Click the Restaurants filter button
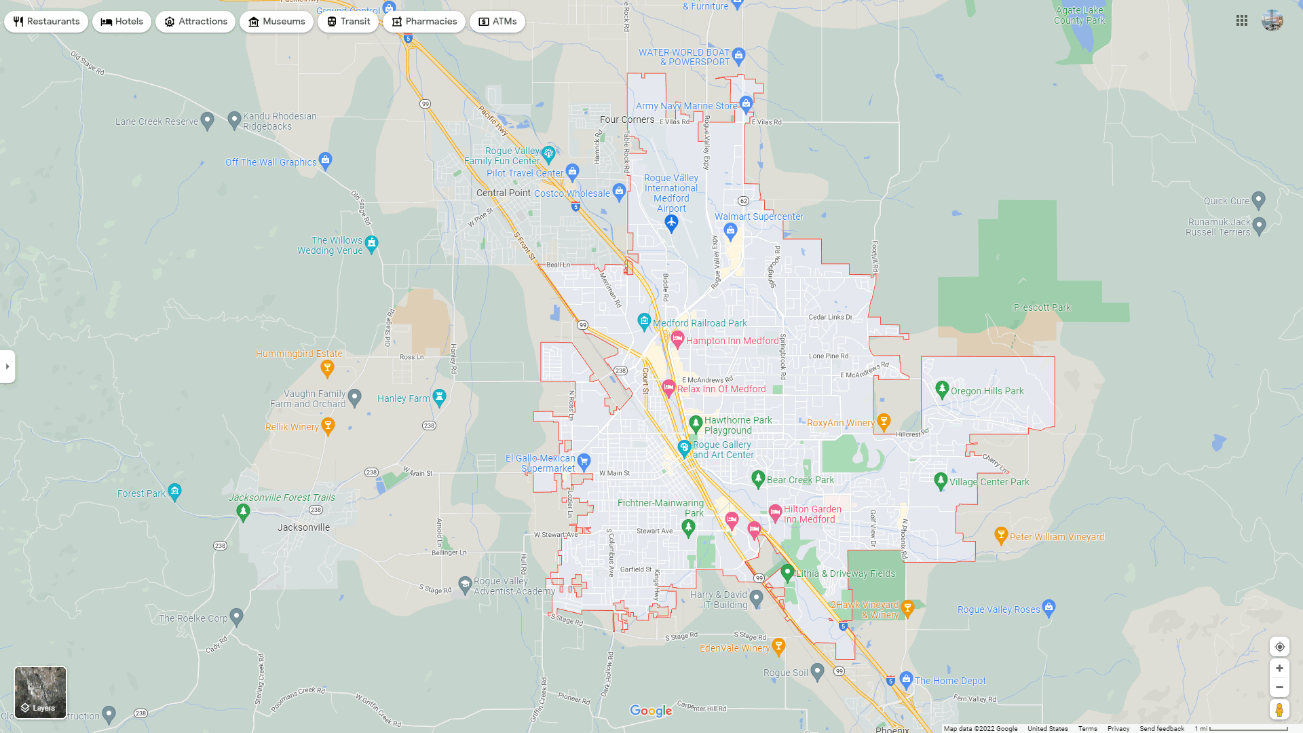pyautogui.click(x=46, y=22)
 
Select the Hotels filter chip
pyautogui.click(x=122, y=22)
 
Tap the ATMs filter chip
pyautogui.click(x=497, y=22)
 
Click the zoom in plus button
pyautogui.click(x=1279, y=669)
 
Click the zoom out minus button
pyautogui.click(x=1279, y=688)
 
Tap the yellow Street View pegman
pyautogui.click(x=1279, y=710)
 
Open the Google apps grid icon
pyautogui.click(x=1242, y=21)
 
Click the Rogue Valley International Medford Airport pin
pyautogui.click(x=671, y=223)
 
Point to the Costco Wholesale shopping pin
pyautogui.click(x=619, y=191)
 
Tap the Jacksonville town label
pyautogui.click(x=303, y=527)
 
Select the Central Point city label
pyautogui.click(x=503, y=193)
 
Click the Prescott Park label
pyautogui.click(x=1042, y=307)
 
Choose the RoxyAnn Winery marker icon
pyautogui.click(x=884, y=421)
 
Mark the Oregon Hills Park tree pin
pyautogui.click(x=941, y=389)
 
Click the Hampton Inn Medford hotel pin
pyautogui.click(x=677, y=339)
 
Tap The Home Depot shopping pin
pyautogui.click(x=906, y=679)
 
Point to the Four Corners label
pyautogui.click(x=627, y=119)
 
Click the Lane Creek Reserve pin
pyautogui.click(x=208, y=121)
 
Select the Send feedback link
pyautogui.click(x=1161, y=729)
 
